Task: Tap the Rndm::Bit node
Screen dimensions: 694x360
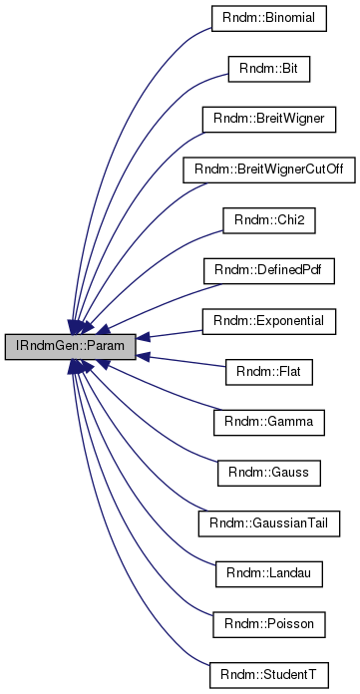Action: [269, 70]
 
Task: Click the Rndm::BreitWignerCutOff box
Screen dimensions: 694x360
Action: [269, 171]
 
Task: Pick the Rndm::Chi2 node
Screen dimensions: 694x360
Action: [269, 220]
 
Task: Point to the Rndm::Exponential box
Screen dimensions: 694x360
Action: [269, 321]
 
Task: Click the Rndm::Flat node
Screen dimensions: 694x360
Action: [269, 372]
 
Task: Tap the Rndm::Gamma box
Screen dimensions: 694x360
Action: [269, 422]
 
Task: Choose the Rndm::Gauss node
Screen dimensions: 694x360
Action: [269, 473]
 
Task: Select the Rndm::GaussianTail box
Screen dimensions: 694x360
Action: [269, 522]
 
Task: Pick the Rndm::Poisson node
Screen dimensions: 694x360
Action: [269, 623]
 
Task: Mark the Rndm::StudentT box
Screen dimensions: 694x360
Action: [269, 674]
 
